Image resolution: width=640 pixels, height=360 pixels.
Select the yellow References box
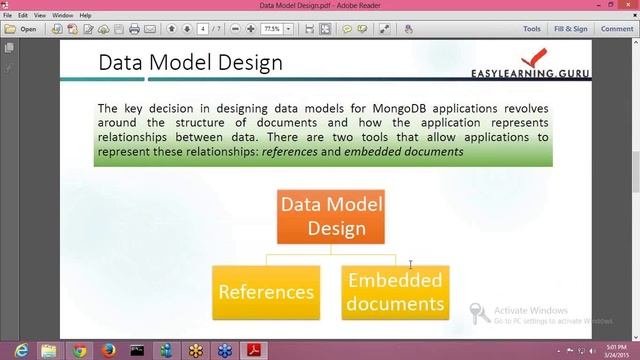[266, 292]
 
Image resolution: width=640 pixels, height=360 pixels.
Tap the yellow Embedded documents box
[395, 292]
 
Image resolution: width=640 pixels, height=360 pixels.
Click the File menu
[8, 16]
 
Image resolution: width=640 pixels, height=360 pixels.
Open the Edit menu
[23, 16]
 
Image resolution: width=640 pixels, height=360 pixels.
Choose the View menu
[40, 16]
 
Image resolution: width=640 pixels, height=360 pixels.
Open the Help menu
[86, 16]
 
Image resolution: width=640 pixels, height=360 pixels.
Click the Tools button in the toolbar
[532, 29]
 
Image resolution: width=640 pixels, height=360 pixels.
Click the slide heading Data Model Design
[190, 63]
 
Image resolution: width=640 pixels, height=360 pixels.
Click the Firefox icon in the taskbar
[109, 350]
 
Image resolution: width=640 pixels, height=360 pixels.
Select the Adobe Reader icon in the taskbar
[254, 350]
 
